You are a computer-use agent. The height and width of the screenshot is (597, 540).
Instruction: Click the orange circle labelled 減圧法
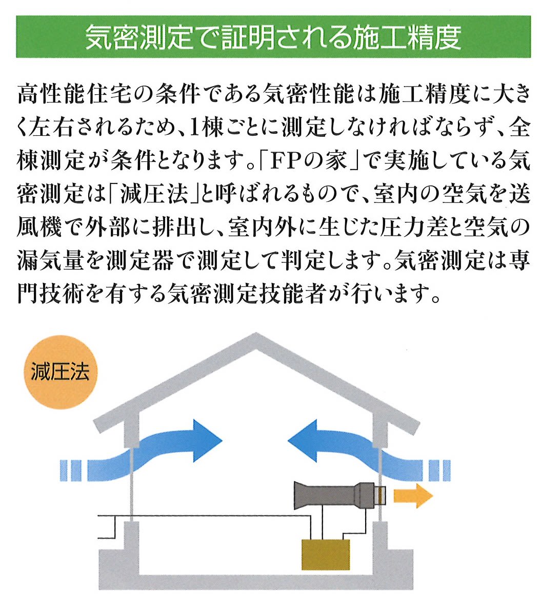[x=61, y=372]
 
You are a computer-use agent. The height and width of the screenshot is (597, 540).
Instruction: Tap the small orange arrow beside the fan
[x=413, y=496]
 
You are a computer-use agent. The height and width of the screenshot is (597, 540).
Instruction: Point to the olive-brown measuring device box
[x=326, y=554]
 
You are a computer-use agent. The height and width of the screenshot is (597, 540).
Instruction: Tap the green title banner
[x=273, y=36]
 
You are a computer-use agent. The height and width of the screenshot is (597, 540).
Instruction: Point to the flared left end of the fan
[x=299, y=496]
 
